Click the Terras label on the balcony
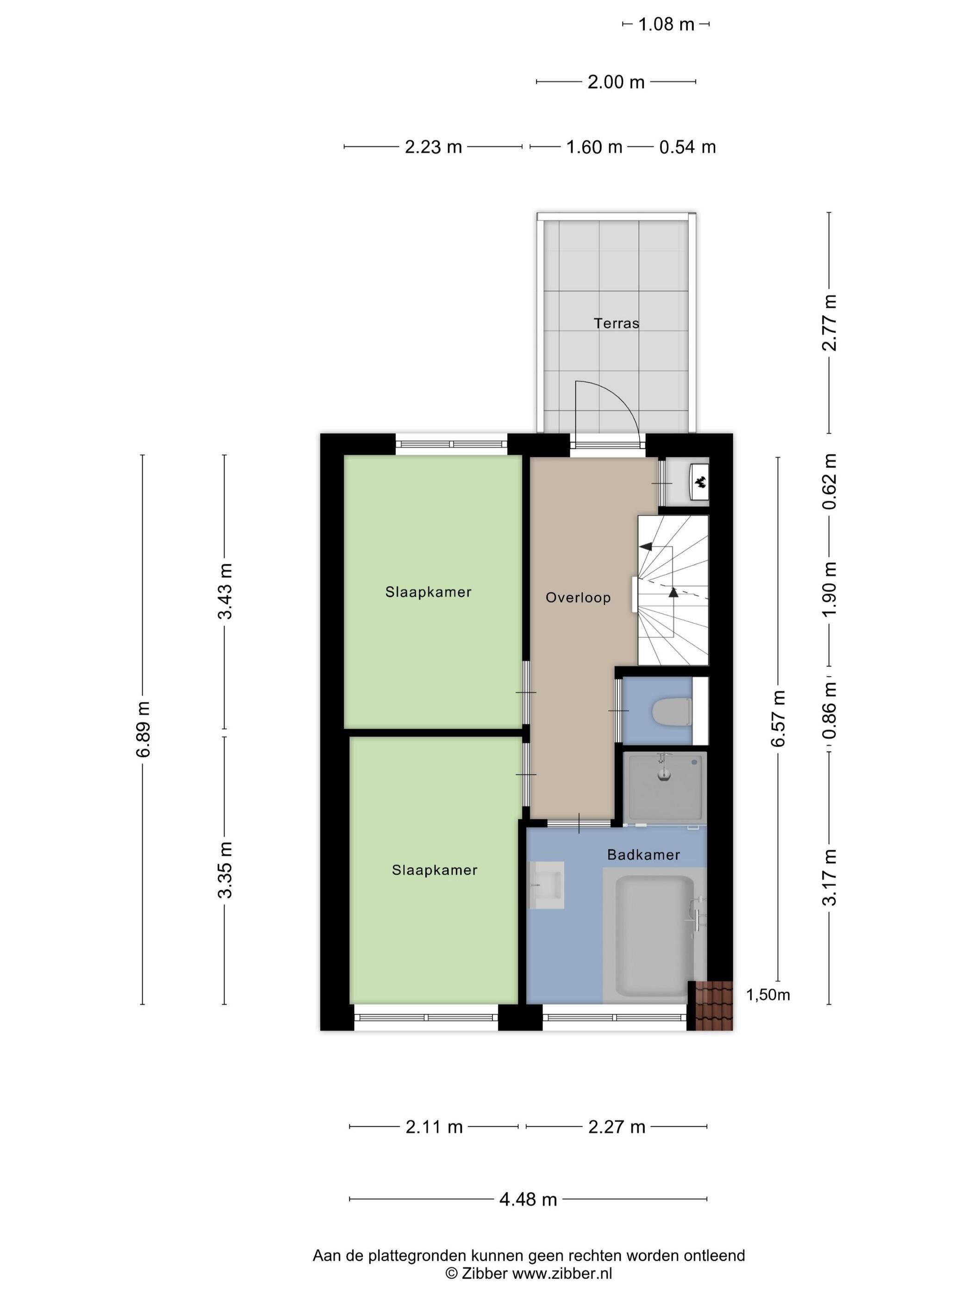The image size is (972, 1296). [616, 323]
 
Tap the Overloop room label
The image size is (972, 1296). [578, 598]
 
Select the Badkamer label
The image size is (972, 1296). [643, 855]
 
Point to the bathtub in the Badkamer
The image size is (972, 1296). [654, 935]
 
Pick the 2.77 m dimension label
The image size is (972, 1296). [829, 322]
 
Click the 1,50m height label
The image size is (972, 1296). [767, 994]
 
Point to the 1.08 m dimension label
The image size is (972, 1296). [666, 25]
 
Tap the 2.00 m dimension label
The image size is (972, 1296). [616, 82]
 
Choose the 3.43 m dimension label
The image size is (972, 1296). [225, 591]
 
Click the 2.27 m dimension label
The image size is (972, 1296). [617, 1127]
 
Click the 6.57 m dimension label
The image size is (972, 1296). [778, 718]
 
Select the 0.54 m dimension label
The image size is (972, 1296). [687, 147]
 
